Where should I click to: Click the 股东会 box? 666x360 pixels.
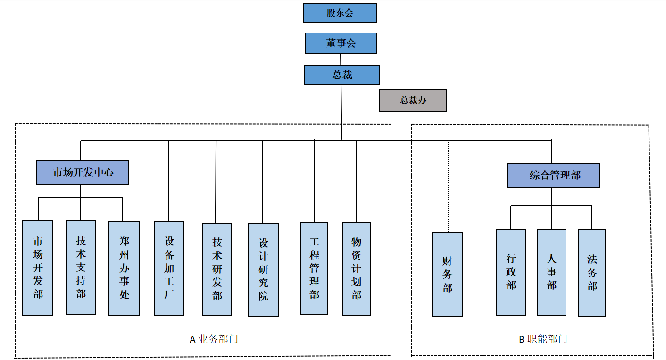(x=340, y=13)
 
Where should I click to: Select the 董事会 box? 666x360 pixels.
(x=341, y=43)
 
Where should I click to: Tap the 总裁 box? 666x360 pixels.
(x=342, y=75)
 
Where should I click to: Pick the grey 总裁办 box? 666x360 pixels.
(x=413, y=100)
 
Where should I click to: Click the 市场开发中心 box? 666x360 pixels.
(x=83, y=173)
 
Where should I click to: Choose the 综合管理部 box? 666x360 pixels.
(x=553, y=176)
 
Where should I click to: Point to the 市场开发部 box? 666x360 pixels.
(x=38, y=268)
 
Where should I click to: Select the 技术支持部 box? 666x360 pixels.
(x=81, y=267)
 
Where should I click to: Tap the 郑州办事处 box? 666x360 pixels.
(x=124, y=268)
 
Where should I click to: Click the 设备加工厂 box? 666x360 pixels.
(x=169, y=268)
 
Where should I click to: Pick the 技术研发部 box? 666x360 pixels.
(x=217, y=269)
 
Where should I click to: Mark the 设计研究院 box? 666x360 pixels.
(x=263, y=269)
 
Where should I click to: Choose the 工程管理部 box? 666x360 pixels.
(x=314, y=268)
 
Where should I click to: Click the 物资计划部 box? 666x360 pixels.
(x=357, y=268)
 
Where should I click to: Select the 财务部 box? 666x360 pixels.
(x=448, y=274)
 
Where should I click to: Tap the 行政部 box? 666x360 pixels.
(x=511, y=272)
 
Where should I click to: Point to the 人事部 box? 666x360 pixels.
(x=551, y=272)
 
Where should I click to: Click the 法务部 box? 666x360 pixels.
(x=592, y=273)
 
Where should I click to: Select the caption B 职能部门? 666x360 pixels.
(x=543, y=339)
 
